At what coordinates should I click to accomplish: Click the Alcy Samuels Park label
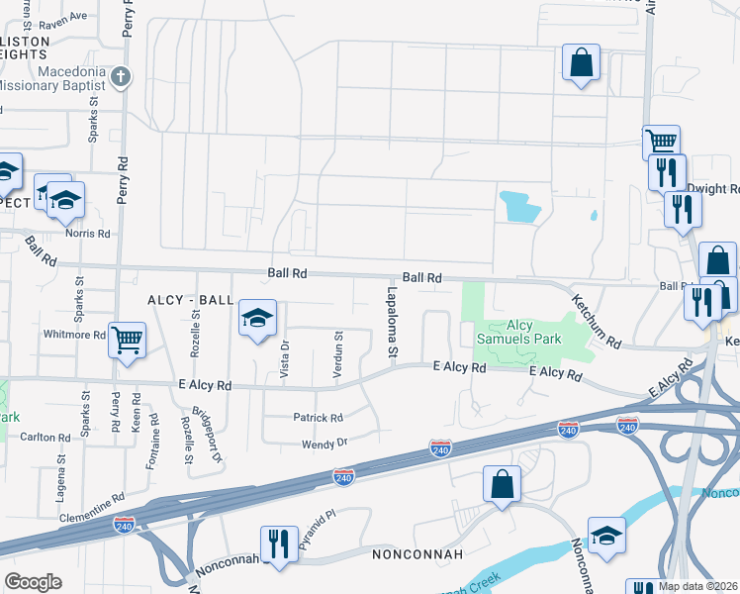[520, 333]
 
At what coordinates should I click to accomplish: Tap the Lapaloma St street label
[392, 318]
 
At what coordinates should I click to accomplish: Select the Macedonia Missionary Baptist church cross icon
[120, 76]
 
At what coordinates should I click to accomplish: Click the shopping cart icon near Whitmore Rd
[128, 341]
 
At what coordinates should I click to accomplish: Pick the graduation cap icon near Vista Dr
[257, 319]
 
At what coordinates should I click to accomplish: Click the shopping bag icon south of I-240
[503, 484]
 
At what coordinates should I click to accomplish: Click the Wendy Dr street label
[325, 444]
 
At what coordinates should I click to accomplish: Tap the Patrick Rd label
[318, 418]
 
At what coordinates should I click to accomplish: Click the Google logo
[33, 582]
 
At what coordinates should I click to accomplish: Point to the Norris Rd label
[88, 234]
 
